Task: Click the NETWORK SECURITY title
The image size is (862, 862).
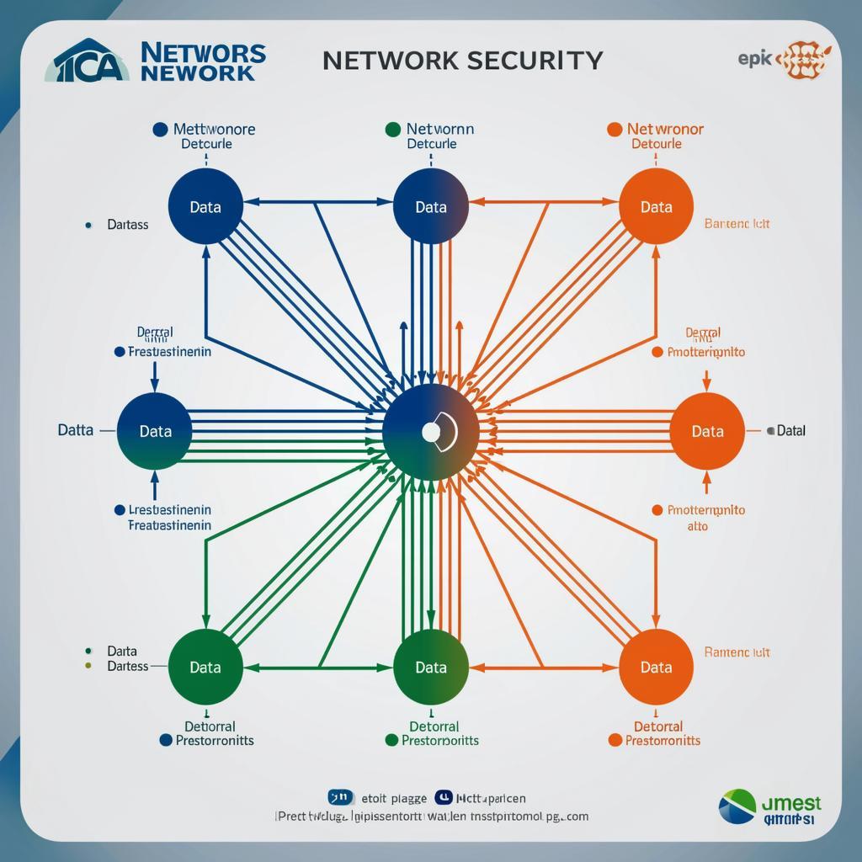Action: tap(462, 60)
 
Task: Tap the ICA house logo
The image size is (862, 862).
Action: tap(91, 61)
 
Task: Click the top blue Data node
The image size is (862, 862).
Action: tap(205, 206)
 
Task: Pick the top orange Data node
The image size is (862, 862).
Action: tap(656, 206)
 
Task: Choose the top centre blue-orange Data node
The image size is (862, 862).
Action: tap(430, 206)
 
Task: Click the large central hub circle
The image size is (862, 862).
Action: tap(430, 432)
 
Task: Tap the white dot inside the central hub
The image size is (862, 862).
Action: tap(430, 432)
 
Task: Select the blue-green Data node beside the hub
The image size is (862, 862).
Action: tap(155, 431)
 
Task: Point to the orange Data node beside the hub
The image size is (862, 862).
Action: tap(707, 431)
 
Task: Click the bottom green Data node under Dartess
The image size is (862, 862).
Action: tap(205, 668)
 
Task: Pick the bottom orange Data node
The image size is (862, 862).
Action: tap(656, 668)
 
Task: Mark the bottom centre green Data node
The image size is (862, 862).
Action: tap(430, 668)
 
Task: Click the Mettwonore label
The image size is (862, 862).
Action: tap(214, 130)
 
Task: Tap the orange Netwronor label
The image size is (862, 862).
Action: tap(665, 130)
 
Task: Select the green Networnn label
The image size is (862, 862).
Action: tap(439, 130)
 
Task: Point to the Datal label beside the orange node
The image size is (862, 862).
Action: tap(790, 430)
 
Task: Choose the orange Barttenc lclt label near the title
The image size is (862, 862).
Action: tap(737, 224)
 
